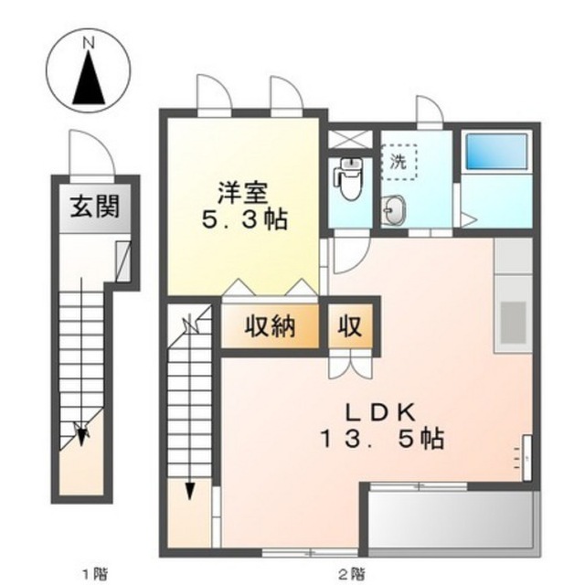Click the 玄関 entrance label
point(95,207)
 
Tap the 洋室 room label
point(243,193)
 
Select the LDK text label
point(381,412)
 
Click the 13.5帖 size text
point(383,439)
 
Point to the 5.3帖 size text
point(245,219)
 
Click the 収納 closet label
point(271,326)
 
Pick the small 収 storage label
point(350,326)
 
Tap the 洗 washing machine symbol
point(399,163)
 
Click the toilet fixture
point(348,178)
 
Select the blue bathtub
point(496,152)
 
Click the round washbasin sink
point(394,210)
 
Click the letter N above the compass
point(89,43)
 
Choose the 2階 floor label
point(352,573)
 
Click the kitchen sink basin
point(514,323)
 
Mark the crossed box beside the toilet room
point(350,139)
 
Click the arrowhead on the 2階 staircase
point(190,491)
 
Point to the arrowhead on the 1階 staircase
point(81,439)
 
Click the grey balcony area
point(451,519)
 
